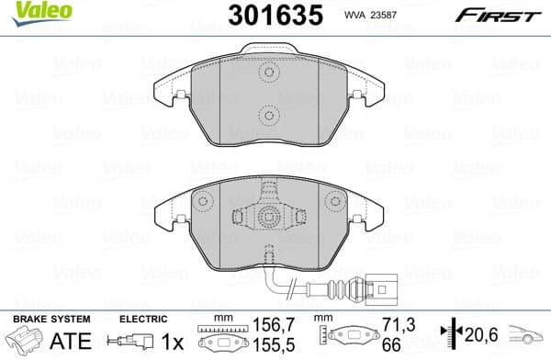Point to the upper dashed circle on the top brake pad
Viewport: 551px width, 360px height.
[267, 76]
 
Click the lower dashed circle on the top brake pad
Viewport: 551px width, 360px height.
[267, 116]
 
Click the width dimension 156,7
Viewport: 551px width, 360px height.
[269, 324]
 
